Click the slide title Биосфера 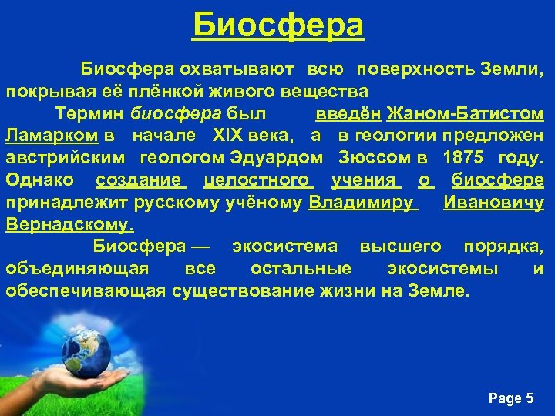(277, 25)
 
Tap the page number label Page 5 (511, 398)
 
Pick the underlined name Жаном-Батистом (466, 114)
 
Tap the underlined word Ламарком (52, 136)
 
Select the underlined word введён (348, 114)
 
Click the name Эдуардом (276, 159)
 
